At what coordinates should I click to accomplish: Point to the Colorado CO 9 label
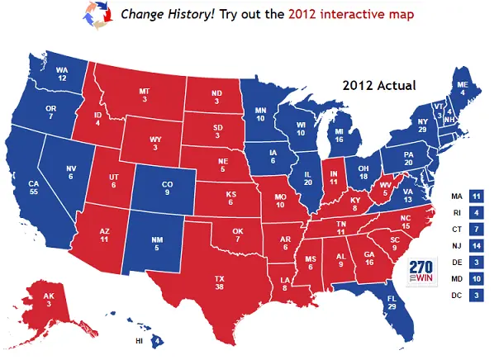(169, 187)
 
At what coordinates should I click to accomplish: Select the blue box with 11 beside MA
(476, 196)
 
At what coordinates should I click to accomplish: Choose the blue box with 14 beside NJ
(476, 245)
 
